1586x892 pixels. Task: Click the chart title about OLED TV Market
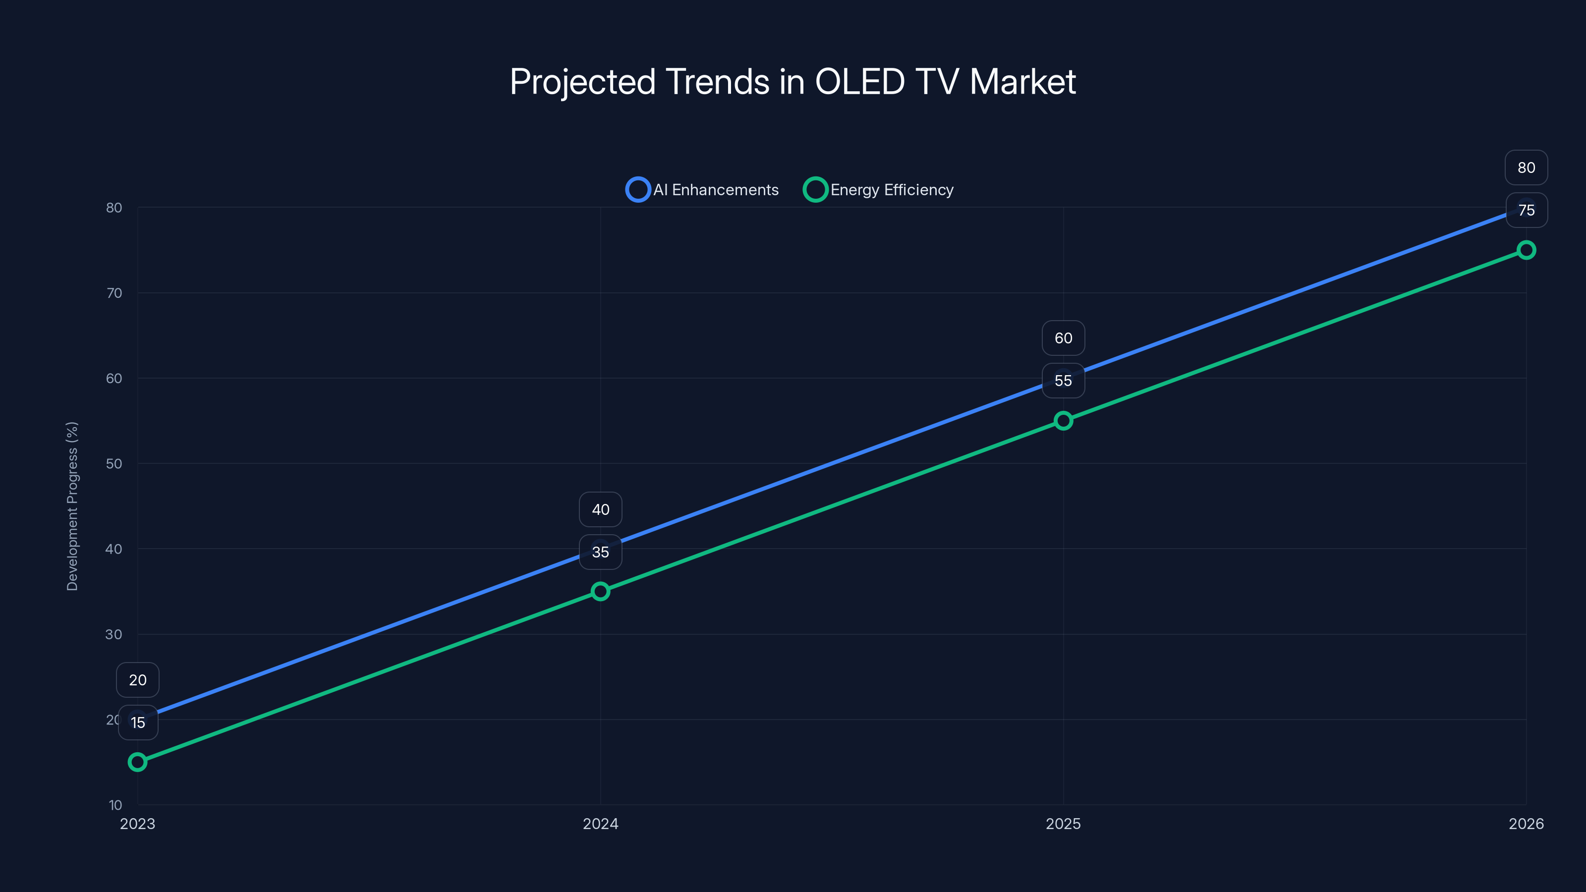pos(793,82)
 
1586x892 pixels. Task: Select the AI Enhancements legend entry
pos(702,190)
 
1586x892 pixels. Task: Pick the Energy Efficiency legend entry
pos(879,190)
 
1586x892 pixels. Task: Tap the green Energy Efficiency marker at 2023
pos(137,762)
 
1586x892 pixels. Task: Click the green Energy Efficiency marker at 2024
pos(600,592)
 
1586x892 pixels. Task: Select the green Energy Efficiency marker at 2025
pos(1063,420)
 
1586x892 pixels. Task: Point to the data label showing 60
pos(1063,338)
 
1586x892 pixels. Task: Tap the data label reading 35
pos(600,552)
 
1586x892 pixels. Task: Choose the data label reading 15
pos(138,723)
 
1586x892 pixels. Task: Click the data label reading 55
pos(1063,381)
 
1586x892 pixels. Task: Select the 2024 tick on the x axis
pos(600,824)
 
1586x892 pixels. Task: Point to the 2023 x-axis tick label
pos(137,824)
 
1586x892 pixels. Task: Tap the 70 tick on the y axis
pos(114,293)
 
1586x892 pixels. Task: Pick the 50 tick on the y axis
pos(114,463)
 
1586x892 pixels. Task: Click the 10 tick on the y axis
pos(115,805)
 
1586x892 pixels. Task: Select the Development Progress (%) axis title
pos(72,506)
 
